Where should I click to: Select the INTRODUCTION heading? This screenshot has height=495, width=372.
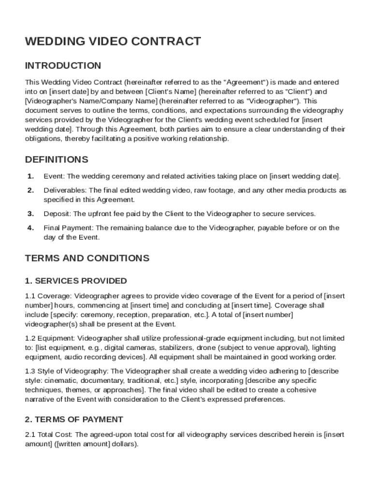pyautogui.click(x=63, y=66)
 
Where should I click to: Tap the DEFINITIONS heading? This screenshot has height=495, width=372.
pyautogui.click(x=57, y=160)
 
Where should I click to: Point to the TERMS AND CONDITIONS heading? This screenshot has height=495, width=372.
pyautogui.click(x=87, y=258)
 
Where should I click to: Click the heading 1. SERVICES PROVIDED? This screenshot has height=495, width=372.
pyautogui.click(x=76, y=281)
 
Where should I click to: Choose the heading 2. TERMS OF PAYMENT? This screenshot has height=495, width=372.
pyautogui.click(x=74, y=420)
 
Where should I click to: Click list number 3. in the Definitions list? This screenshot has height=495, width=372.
pyautogui.click(x=30, y=214)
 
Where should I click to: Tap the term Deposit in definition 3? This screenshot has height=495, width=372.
pyautogui.click(x=56, y=214)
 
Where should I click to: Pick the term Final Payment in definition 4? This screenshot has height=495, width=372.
pyautogui.click(x=68, y=228)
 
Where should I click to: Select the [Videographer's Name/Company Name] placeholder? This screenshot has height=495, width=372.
pyautogui.click(x=91, y=101)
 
